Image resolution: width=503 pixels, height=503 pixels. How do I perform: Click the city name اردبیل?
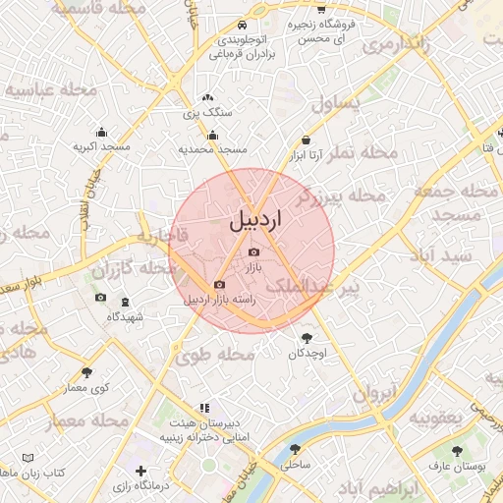coord(255,221)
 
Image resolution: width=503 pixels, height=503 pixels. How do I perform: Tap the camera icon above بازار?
coord(253,252)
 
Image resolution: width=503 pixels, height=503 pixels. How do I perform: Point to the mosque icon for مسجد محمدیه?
coord(213,136)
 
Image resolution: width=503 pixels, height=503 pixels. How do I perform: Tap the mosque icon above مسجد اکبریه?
coord(101,133)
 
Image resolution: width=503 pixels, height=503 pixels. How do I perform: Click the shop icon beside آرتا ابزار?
coord(306,140)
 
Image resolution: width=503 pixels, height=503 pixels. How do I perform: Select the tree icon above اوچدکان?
coord(307,338)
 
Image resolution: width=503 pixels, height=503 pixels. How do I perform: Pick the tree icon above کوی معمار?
coord(87,372)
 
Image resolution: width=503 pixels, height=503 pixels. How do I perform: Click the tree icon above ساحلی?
coord(295,449)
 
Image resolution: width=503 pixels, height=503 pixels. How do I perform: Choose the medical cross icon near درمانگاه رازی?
coord(142,472)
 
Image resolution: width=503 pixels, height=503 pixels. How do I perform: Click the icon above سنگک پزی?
coord(207,98)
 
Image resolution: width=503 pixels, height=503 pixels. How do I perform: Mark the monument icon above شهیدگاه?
coord(125,303)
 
